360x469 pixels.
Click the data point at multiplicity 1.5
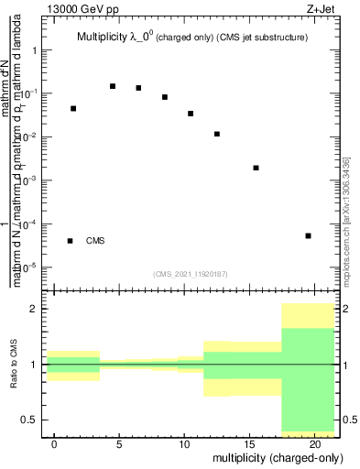[x=73, y=108]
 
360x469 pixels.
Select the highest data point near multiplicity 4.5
[x=113, y=86]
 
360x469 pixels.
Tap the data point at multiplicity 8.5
[x=165, y=97]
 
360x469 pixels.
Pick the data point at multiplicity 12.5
[x=217, y=134]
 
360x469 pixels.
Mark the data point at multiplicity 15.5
[x=256, y=168]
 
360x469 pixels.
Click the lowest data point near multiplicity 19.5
[x=308, y=235]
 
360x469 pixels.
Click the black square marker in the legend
[x=70, y=241]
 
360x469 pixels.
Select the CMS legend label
[x=95, y=241]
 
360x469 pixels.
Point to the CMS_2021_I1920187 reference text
[x=191, y=274]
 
